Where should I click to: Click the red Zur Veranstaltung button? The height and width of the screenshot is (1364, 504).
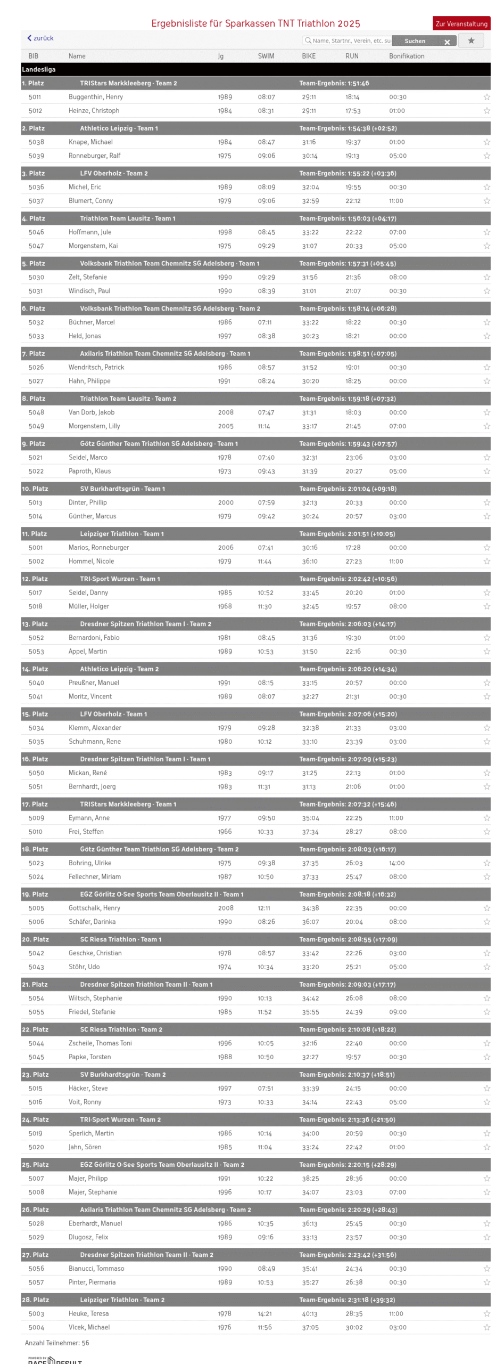pos(461,23)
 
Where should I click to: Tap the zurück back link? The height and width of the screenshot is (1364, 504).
pos(40,38)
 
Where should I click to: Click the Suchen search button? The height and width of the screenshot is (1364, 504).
pos(415,41)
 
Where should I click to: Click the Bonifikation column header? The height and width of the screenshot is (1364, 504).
pos(406,56)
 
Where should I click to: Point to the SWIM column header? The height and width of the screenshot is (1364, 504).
pos(266,56)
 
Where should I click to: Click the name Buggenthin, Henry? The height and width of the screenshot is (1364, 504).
pos(95,97)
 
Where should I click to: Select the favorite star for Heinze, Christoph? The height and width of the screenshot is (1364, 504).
pos(486,111)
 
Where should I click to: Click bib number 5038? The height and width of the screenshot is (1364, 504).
pos(36,142)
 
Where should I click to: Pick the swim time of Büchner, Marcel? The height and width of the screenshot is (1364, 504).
pos(265,322)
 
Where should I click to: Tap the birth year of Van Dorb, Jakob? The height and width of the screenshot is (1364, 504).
pos(225,412)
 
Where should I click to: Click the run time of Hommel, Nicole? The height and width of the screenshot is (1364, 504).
pos(353,562)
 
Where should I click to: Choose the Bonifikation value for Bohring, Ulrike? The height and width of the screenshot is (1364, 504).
pos(396,863)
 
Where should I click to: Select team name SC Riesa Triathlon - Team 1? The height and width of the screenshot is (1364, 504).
pos(120,939)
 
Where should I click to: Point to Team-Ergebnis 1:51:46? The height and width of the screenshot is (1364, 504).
pos(334,83)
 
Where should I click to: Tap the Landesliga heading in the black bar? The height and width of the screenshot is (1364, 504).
pos(38,69)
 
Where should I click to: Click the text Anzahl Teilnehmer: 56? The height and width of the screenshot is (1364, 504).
pos(57,1343)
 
